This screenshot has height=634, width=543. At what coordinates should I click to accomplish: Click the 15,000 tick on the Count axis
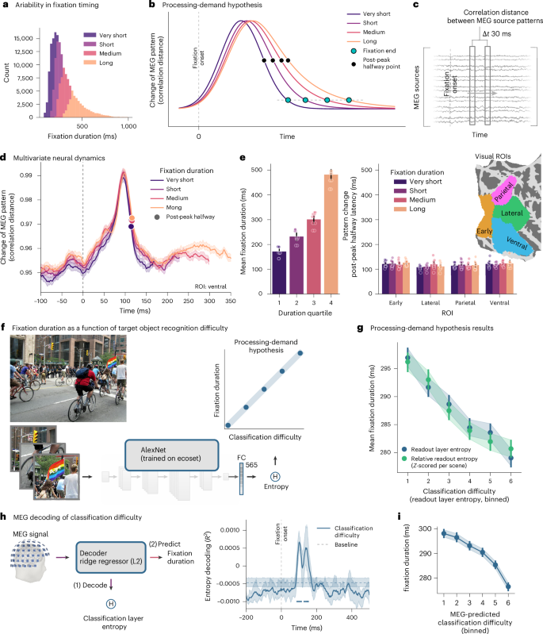click(x=23, y=38)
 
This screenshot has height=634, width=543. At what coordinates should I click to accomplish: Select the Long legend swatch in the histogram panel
click(x=90, y=63)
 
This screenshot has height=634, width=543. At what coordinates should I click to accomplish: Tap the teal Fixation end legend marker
click(x=354, y=51)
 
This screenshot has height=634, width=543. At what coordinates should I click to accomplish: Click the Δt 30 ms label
click(x=496, y=34)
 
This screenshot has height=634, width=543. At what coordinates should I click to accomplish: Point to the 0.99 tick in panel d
click(x=26, y=175)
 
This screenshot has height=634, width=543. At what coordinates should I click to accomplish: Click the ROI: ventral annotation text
click(x=211, y=286)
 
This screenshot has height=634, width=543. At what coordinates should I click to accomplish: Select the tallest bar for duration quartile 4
click(x=331, y=234)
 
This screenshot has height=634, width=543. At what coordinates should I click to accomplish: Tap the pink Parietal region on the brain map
click(x=504, y=189)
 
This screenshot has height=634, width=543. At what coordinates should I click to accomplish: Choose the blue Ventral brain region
click(x=513, y=239)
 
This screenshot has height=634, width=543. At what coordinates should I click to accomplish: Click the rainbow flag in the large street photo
click(x=112, y=362)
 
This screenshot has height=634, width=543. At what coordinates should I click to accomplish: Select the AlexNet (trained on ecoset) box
click(x=172, y=455)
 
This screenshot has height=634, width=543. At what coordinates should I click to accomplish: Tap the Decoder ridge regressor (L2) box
click(x=111, y=558)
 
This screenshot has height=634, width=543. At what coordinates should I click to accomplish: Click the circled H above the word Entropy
click(x=276, y=477)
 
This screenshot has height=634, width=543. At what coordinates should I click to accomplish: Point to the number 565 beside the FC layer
click(x=251, y=465)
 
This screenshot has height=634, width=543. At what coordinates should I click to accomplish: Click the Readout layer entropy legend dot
click(x=404, y=449)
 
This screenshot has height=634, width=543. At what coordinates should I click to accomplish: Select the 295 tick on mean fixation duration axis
click(x=386, y=368)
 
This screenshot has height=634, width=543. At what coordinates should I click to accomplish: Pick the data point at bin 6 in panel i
click(x=508, y=586)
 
